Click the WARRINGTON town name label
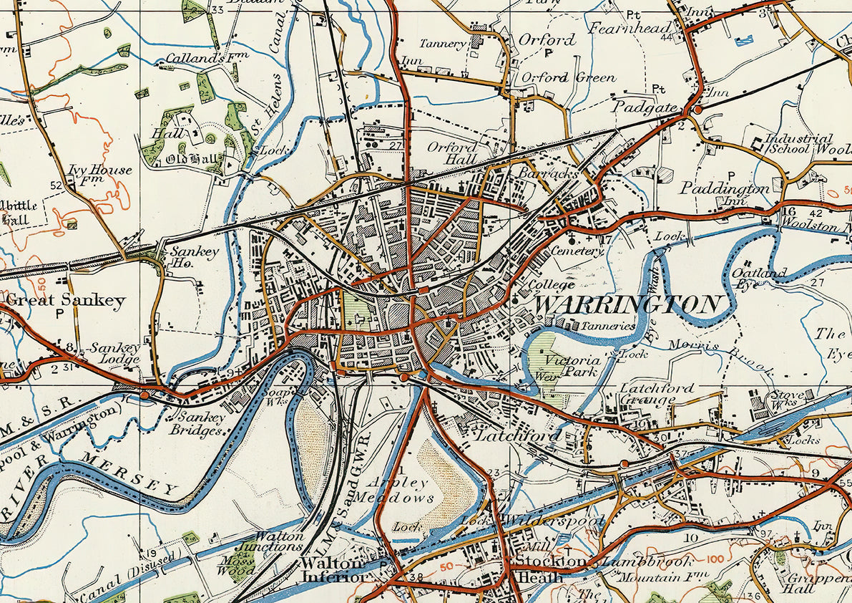[627, 305]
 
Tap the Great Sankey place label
[66, 300]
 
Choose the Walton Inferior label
[335, 569]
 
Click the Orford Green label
[568, 77]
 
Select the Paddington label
[724, 188]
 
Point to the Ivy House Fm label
[100, 174]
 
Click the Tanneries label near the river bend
[608, 325]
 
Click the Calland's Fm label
[201, 58]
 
